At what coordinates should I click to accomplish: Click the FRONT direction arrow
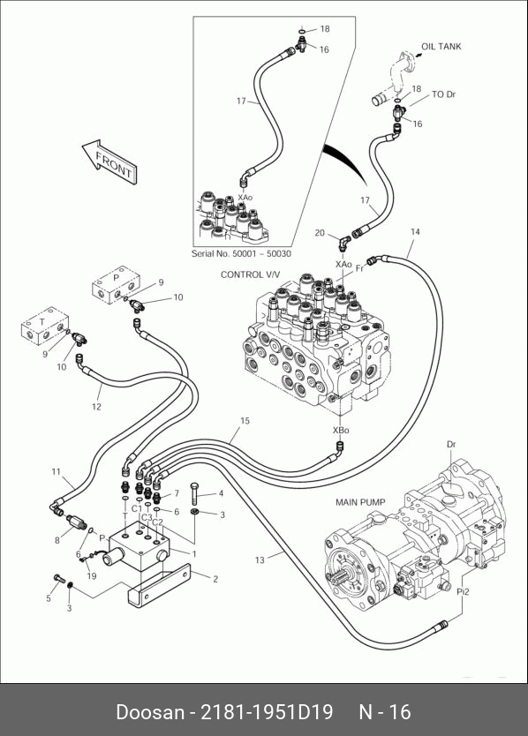tap(109, 161)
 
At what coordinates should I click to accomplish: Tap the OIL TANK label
tap(441, 47)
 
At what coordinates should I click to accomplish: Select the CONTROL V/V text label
tap(250, 274)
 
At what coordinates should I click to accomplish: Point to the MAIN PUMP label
tap(360, 502)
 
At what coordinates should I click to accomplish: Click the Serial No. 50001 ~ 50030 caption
tap(241, 254)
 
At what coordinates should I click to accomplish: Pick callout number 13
tap(260, 560)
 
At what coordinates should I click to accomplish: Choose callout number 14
tap(415, 231)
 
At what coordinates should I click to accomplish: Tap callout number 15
tap(245, 421)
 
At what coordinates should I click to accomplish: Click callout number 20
tap(320, 233)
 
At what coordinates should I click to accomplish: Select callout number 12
tap(96, 407)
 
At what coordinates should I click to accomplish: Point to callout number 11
tap(56, 471)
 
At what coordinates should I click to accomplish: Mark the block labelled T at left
tap(45, 327)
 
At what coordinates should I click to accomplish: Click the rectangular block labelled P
tap(116, 284)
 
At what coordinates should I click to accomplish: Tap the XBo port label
tap(341, 430)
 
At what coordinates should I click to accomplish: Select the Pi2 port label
tap(463, 592)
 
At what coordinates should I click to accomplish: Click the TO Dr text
tap(444, 94)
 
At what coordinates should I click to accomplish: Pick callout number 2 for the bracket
tap(215, 579)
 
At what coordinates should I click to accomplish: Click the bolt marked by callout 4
tap(195, 492)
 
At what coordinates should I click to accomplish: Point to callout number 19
tap(92, 575)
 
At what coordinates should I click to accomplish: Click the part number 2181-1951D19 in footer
tap(267, 711)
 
